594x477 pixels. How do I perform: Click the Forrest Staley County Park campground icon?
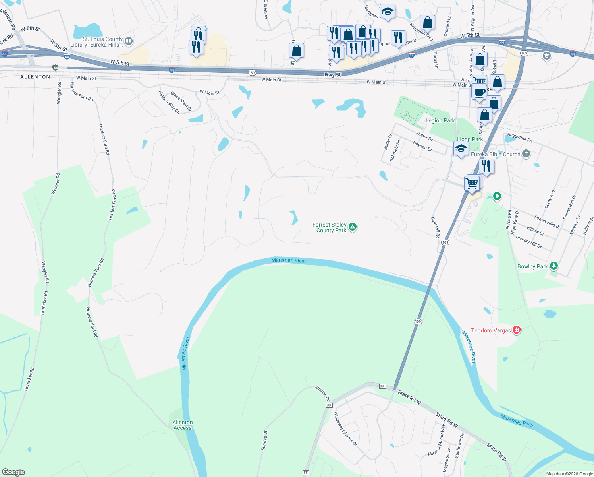coord(352,227)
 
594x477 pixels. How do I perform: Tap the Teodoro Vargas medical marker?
coord(516,330)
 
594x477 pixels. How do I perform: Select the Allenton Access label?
coord(183,425)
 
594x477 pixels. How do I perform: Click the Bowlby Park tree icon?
coord(553,266)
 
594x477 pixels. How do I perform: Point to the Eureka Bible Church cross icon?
coord(526,154)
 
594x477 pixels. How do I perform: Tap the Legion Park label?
coord(440,120)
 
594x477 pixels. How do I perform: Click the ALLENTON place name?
coord(35,77)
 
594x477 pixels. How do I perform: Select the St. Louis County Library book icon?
coord(128,41)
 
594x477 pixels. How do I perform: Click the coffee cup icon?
coord(479,92)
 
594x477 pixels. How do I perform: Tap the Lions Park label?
coord(470,139)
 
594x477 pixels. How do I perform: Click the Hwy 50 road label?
coord(333,75)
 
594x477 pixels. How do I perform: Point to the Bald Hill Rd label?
coord(436,228)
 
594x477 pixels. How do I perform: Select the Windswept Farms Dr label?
coord(345,429)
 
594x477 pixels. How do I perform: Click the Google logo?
coord(13,472)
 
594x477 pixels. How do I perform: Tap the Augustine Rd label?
coord(519,138)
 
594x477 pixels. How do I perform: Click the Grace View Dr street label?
coord(181,101)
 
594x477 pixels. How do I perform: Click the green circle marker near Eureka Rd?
coord(497,196)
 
